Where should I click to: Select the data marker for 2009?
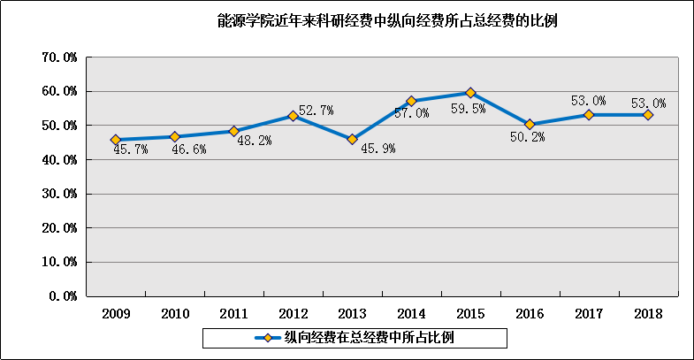[116, 140]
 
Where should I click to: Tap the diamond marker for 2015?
[470, 93]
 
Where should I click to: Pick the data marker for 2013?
[352, 139]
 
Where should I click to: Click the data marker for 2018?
[648, 115]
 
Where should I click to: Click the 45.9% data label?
[378, 149]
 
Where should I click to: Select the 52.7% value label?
[316, 111]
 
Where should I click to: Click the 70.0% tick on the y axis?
[60, 57]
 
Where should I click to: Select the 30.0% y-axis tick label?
[60, 194]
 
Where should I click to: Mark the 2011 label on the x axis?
[233, 313]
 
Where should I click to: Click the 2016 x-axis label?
[530, 313]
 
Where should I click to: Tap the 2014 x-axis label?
[411, 313]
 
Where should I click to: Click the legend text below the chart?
[371, 337]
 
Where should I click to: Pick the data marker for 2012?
[293, 116]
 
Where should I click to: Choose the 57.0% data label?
[412, 114]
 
